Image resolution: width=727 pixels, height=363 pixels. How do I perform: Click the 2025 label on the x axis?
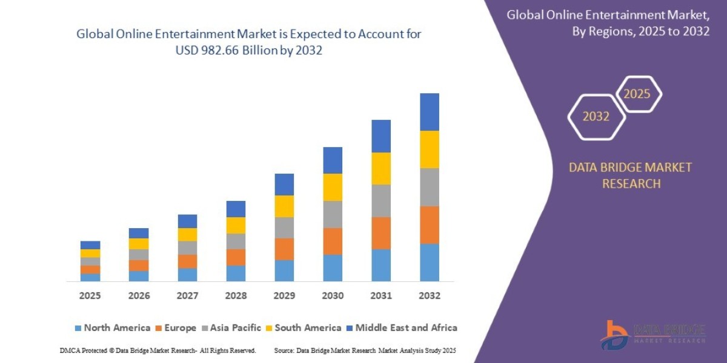90,296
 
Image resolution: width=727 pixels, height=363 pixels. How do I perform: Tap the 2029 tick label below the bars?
284,296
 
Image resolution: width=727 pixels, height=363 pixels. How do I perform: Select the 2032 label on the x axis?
429,296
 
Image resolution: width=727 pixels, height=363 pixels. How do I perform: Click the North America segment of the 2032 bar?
429,263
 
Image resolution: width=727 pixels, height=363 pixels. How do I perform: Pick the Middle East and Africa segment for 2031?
381,136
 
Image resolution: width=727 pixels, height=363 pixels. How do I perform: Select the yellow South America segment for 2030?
333,187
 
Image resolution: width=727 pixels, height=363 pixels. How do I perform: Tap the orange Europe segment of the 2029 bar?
284,249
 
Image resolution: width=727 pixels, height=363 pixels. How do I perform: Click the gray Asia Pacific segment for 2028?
236,241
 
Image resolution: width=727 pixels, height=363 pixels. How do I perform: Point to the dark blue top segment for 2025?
90,245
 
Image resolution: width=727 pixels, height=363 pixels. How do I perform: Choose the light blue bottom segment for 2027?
187,275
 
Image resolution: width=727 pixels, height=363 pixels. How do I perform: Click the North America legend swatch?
78,328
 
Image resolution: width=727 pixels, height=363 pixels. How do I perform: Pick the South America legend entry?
308,328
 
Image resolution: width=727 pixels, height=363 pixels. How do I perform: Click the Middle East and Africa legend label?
406,328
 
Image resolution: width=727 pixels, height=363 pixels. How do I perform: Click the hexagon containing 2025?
637,94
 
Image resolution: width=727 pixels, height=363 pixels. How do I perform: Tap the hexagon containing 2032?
596,117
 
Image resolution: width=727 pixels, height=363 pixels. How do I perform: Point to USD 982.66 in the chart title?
206,51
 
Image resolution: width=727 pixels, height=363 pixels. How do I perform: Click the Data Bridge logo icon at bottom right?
615,335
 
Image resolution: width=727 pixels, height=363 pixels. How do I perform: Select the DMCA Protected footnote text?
158,350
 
